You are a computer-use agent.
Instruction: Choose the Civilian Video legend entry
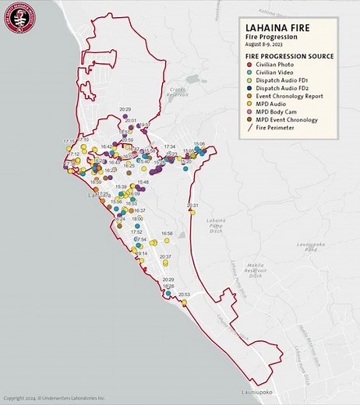[277, 72]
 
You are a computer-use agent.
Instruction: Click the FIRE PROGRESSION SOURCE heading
[289, 56]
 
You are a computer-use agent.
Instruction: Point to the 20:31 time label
[192, 206]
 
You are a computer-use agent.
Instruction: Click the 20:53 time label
[185, 294]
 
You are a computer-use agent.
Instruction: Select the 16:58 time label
[167, 233]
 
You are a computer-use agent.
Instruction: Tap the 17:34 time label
[170, 146]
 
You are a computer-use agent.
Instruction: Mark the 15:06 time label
[199, 144]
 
